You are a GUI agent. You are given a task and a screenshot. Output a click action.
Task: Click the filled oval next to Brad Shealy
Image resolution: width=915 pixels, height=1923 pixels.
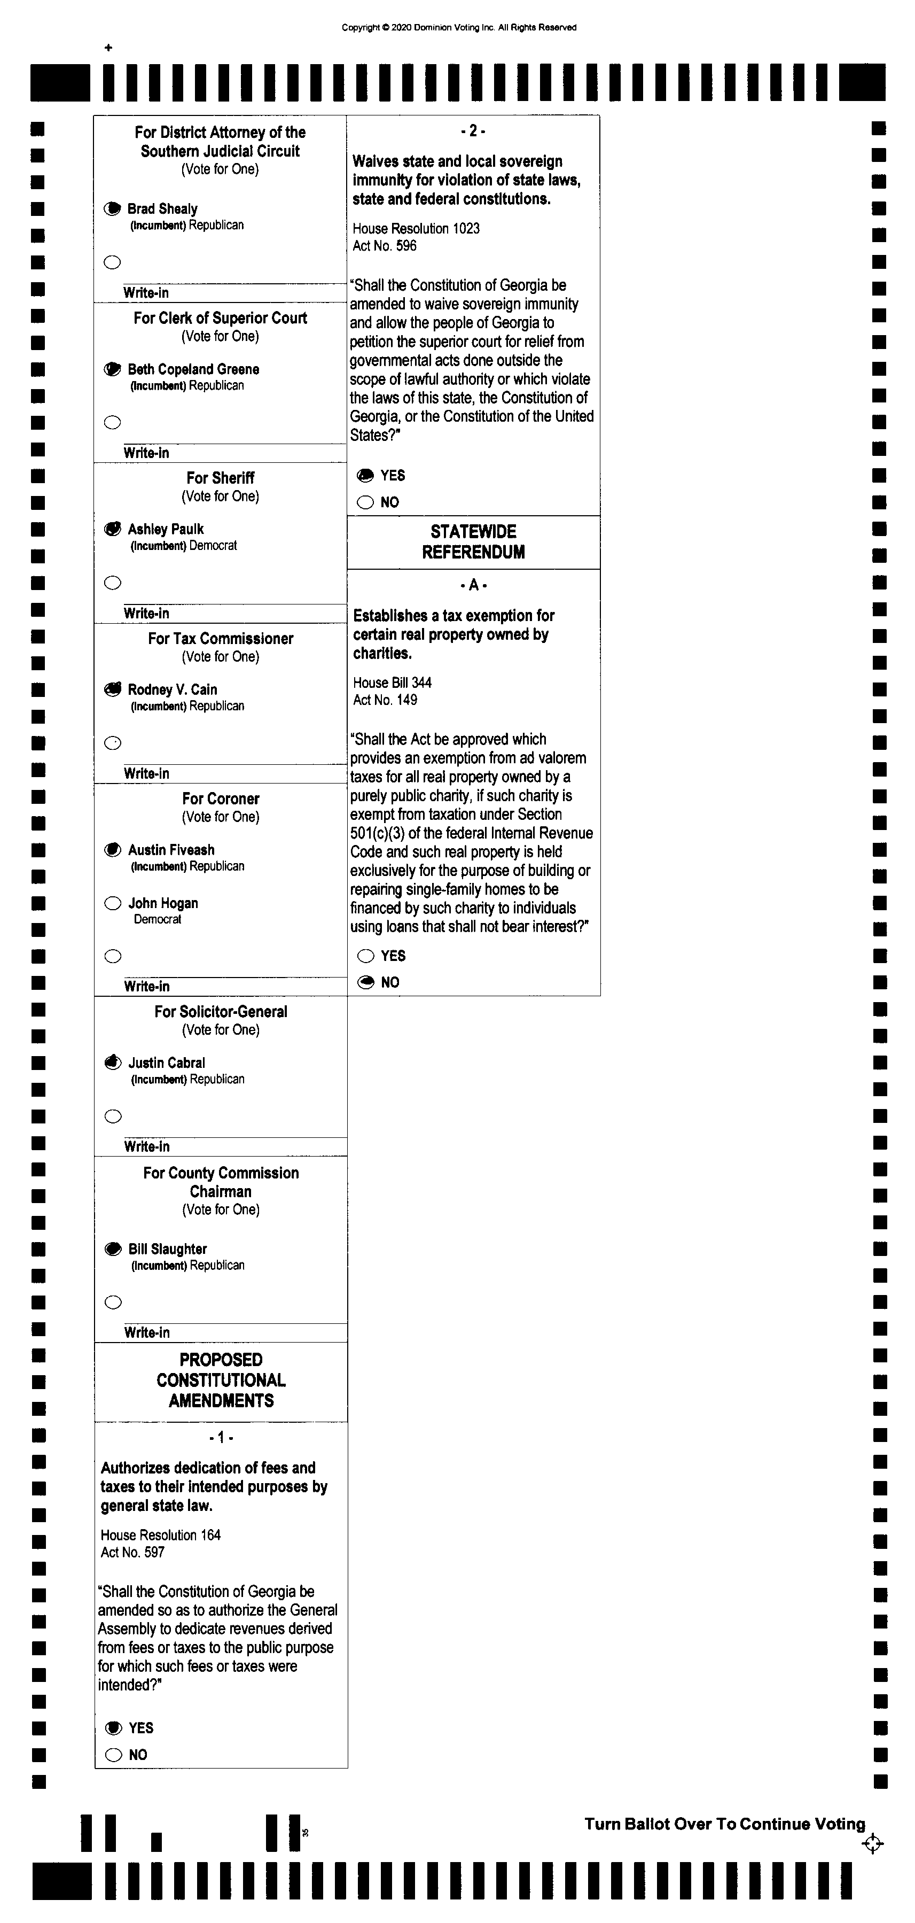[x=112, y=209]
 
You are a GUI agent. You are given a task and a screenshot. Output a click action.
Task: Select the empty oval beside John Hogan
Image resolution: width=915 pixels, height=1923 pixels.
[x=113, y=903]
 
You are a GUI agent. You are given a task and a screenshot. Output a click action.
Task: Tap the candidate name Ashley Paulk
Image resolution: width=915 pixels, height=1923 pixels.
[x=165, y=529]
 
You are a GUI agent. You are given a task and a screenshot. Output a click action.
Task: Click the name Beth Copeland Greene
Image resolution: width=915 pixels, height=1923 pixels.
[x=193, y=369]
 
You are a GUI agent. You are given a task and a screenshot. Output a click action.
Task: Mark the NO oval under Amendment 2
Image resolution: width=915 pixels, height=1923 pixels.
[x=365, y=502]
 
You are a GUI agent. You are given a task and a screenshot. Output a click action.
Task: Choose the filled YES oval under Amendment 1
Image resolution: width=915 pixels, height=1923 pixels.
[x=113, y=1727]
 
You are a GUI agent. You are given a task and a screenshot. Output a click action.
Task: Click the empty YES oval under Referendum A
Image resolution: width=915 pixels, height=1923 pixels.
[x=366, y=956]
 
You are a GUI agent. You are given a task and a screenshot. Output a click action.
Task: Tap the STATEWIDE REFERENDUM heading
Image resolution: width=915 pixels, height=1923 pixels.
[x=473, y=542]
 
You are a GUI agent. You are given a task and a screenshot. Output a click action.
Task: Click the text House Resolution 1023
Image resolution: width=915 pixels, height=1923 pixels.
[x=416, y=228]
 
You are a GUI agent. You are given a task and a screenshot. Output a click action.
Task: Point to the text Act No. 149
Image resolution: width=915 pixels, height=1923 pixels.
[x=385, y=700]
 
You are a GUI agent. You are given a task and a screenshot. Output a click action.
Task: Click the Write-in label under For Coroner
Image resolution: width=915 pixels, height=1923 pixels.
[x=146, y=986]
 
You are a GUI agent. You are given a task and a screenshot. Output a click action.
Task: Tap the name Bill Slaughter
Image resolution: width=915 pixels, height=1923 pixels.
[x=167, y=1249]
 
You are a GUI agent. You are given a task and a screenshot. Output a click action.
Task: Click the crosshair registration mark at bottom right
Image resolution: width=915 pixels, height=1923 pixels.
[x=872, y=1844]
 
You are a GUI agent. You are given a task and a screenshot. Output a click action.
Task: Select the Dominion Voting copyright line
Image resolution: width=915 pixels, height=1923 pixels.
[x=458, y=28]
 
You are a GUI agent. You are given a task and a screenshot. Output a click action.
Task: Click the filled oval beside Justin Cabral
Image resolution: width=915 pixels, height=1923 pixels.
[x=113, y=1063]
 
